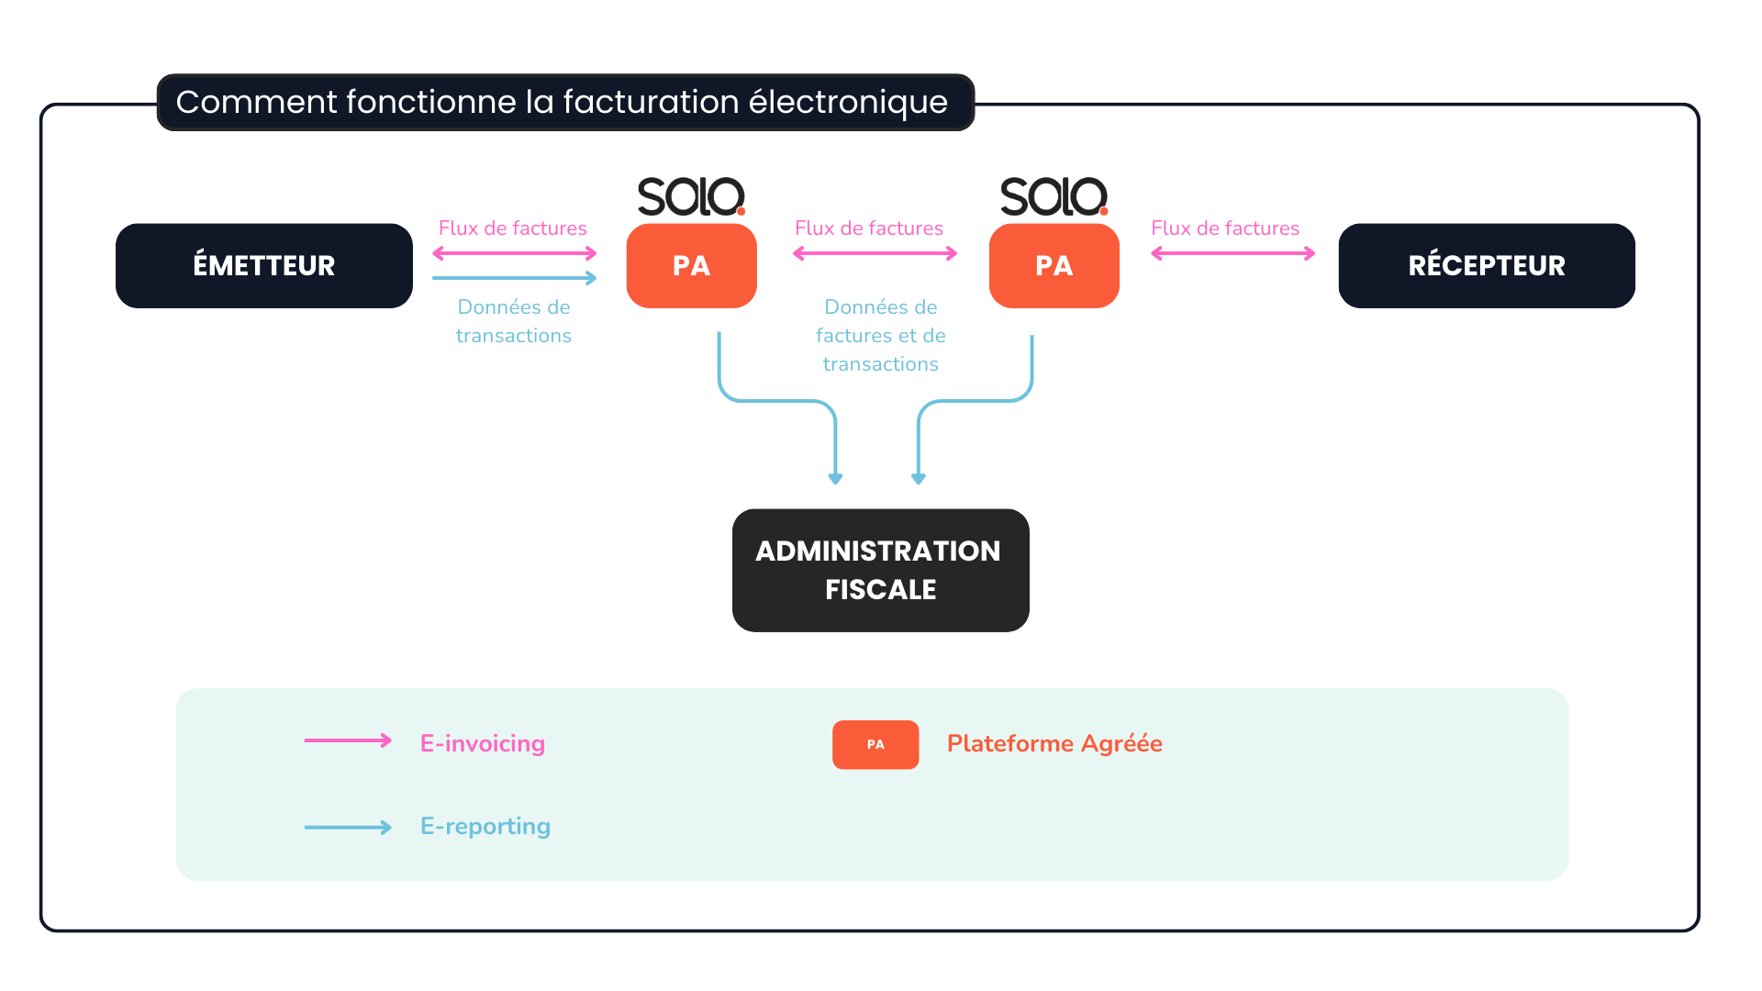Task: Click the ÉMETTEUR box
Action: (263, 265)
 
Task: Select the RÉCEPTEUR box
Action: (1486, 265)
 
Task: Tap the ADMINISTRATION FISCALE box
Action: (880, 570)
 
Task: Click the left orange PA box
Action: (691, 265)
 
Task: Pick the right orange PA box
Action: (1054, 265)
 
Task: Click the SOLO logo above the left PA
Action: (691, 196)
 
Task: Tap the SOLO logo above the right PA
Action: (1054, 196)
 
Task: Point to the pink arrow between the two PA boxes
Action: (875, 253)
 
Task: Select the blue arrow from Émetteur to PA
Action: (514, 277)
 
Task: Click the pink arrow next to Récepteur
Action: (1232, 253)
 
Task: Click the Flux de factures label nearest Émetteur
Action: (512, 228)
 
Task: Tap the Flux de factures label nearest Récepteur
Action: (1225, 228)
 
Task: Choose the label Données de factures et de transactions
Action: (880, 335)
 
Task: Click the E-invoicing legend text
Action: (482, 743)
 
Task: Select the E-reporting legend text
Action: (485, 826)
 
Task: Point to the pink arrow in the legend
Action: (348, 740)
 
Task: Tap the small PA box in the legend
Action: (875, 744)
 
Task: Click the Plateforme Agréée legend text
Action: (1054, 743)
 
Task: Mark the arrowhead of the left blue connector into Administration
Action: (835, 478)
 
